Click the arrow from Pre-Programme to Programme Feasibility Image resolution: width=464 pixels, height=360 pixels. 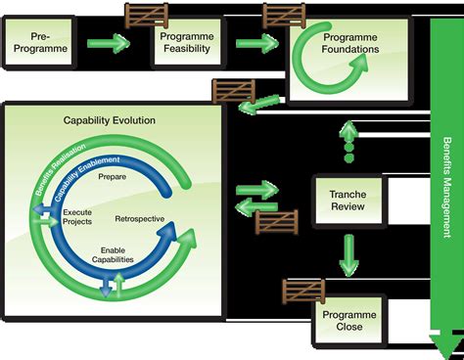[107, 43]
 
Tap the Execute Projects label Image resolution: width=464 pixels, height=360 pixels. [78, 217]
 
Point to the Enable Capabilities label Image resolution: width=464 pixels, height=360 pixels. [118, 254]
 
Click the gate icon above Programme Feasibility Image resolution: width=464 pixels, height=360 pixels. [145, 16]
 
